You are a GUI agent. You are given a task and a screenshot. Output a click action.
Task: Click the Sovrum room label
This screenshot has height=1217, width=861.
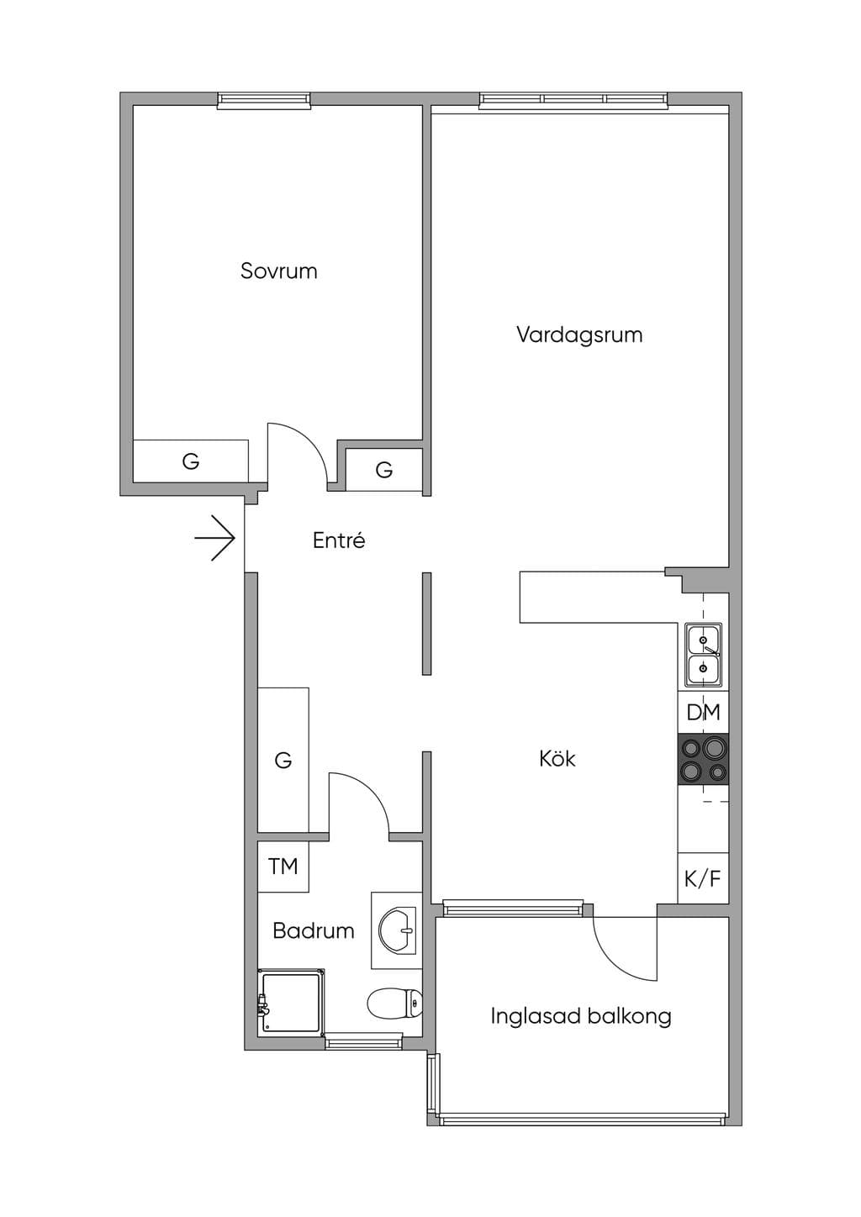(x=279, y=271)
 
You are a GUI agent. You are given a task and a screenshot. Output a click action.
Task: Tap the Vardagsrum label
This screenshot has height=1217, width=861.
(x=579, y=335)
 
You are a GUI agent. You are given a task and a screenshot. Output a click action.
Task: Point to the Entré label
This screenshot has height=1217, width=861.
(x=339, y=540)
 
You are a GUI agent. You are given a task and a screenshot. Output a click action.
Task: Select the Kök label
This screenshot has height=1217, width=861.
(x=557, y=758)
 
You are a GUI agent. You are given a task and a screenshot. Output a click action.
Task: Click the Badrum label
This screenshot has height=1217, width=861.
(x=313, y=930)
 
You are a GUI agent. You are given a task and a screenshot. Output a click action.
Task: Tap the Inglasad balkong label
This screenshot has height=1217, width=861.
(x=580, y=1016)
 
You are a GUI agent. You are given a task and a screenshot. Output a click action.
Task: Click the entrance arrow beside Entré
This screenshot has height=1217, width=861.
(x=214, y=538)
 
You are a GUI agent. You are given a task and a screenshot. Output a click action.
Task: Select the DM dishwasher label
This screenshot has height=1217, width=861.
(x=704, y=712)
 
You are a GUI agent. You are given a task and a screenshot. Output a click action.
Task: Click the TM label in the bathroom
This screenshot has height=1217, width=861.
(x=283, y=867)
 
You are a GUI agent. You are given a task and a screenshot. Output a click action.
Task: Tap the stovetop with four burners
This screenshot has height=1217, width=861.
(x=704, y=759)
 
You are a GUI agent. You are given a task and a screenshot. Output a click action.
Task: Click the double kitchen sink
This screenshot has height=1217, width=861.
(x=704, y=656)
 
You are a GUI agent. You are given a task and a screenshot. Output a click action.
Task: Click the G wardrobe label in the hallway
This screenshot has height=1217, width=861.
(x=283, y=759)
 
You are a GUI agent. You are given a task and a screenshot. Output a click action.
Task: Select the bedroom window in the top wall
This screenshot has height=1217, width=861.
(x=264, y=101)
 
